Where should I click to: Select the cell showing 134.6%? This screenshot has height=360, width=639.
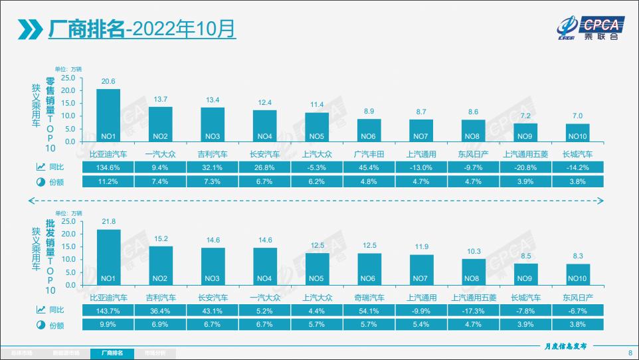coord(108,167)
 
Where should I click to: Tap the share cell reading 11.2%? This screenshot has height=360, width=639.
coord(108,181)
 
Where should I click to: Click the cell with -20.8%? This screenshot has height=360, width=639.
coord(525,167)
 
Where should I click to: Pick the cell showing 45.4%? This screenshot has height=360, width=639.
coord(369,167)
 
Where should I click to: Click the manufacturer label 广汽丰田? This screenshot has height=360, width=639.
coord(369,154)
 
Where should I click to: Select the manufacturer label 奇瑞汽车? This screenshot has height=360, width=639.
coord(369,298)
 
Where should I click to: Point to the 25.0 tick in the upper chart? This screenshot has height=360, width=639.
coord(68,77)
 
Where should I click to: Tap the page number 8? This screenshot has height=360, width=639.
coord(630,353)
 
